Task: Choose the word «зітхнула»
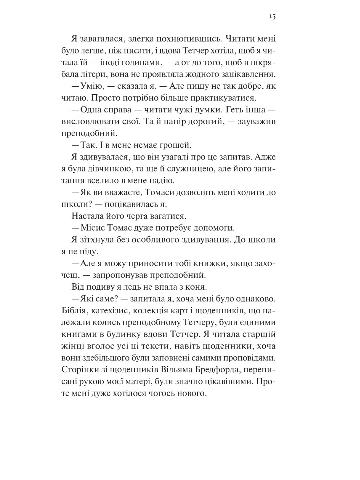(x=95, y=240)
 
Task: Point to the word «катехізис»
(x=110, y=311)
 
